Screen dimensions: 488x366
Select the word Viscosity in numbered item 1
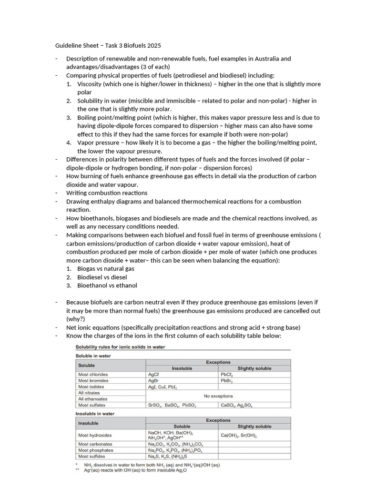point(91,84)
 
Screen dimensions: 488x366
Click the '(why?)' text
point(76,319)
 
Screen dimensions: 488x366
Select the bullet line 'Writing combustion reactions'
point(107,193)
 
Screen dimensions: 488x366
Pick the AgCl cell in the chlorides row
point(153,375)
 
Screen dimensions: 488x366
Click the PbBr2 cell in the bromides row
point(227,381)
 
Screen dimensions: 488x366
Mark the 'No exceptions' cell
point(218,396)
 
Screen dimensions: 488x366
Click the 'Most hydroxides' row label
point(95,435)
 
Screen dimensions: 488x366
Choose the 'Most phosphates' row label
point(95,450)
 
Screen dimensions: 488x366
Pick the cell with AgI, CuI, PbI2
point(162,387)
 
